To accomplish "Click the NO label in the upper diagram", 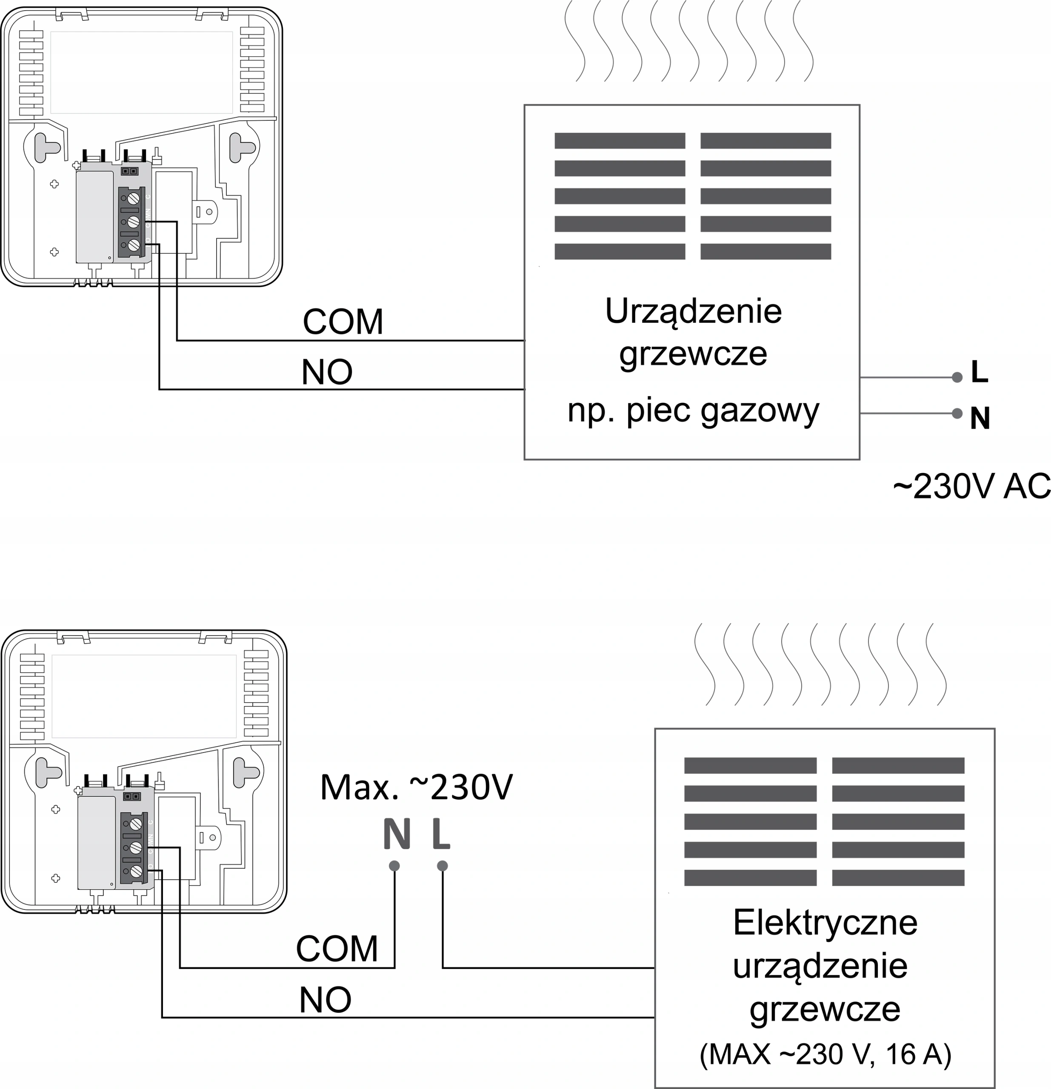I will [x=327, y=372].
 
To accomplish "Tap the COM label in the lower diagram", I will [x=337, y=949].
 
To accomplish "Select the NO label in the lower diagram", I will [x=325, y=1000].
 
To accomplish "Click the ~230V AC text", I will [x=971, y=487].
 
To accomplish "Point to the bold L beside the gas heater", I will [x=980, y=372].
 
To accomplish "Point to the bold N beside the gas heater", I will [x=980, y=419].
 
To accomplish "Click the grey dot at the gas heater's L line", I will [x=957, y=377].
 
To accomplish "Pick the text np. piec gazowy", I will [x=693, y=412].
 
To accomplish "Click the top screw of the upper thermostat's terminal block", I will [x=133, y=198].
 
